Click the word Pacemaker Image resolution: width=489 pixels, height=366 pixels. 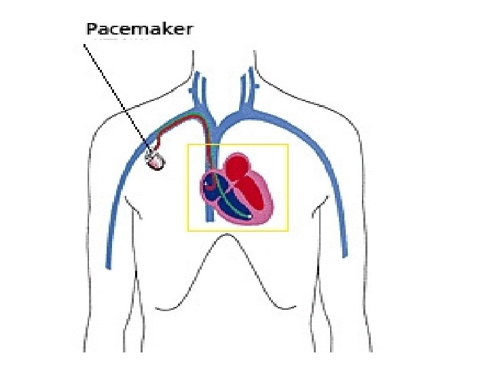pos(139,29)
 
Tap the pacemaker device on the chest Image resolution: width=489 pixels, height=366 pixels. pos(156,161)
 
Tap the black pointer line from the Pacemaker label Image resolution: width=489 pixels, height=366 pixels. pos(115,95)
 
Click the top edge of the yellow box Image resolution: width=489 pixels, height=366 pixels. pos(238,144)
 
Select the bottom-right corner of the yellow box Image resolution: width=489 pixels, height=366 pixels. pos(288,230)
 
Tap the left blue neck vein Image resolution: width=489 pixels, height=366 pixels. pos(198,88)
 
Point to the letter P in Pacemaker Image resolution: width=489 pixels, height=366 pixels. pos(93,29)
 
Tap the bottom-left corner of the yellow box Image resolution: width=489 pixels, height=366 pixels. pos(188,230)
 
